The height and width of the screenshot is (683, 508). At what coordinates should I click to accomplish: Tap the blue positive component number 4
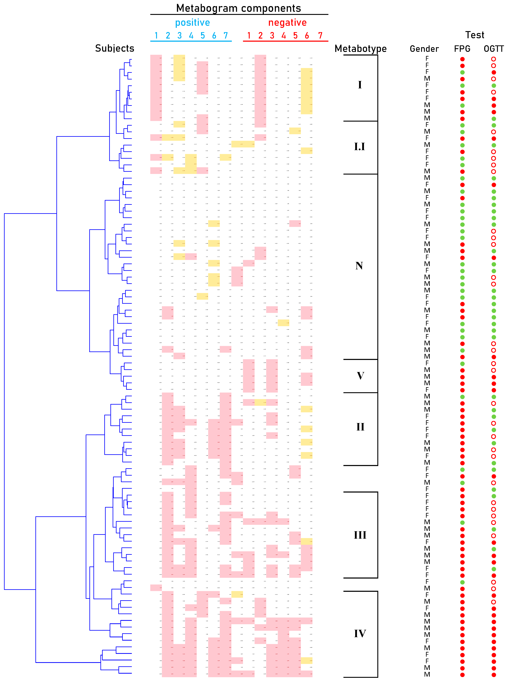(191, 36)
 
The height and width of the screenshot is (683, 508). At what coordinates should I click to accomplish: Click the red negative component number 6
(307, 36)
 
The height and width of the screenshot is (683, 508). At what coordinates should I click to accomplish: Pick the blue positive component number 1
(156, 36)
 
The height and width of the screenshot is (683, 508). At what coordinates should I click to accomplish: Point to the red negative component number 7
(320, 36)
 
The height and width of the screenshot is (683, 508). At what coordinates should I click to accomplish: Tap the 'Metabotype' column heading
(360, 49)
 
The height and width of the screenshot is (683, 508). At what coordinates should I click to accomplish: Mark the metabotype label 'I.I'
(359, 147)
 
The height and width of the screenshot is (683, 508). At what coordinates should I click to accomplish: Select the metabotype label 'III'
(360, 535)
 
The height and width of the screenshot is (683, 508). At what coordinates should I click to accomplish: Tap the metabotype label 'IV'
(360, 633)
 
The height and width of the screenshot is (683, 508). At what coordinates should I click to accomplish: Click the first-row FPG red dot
(462, 59)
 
